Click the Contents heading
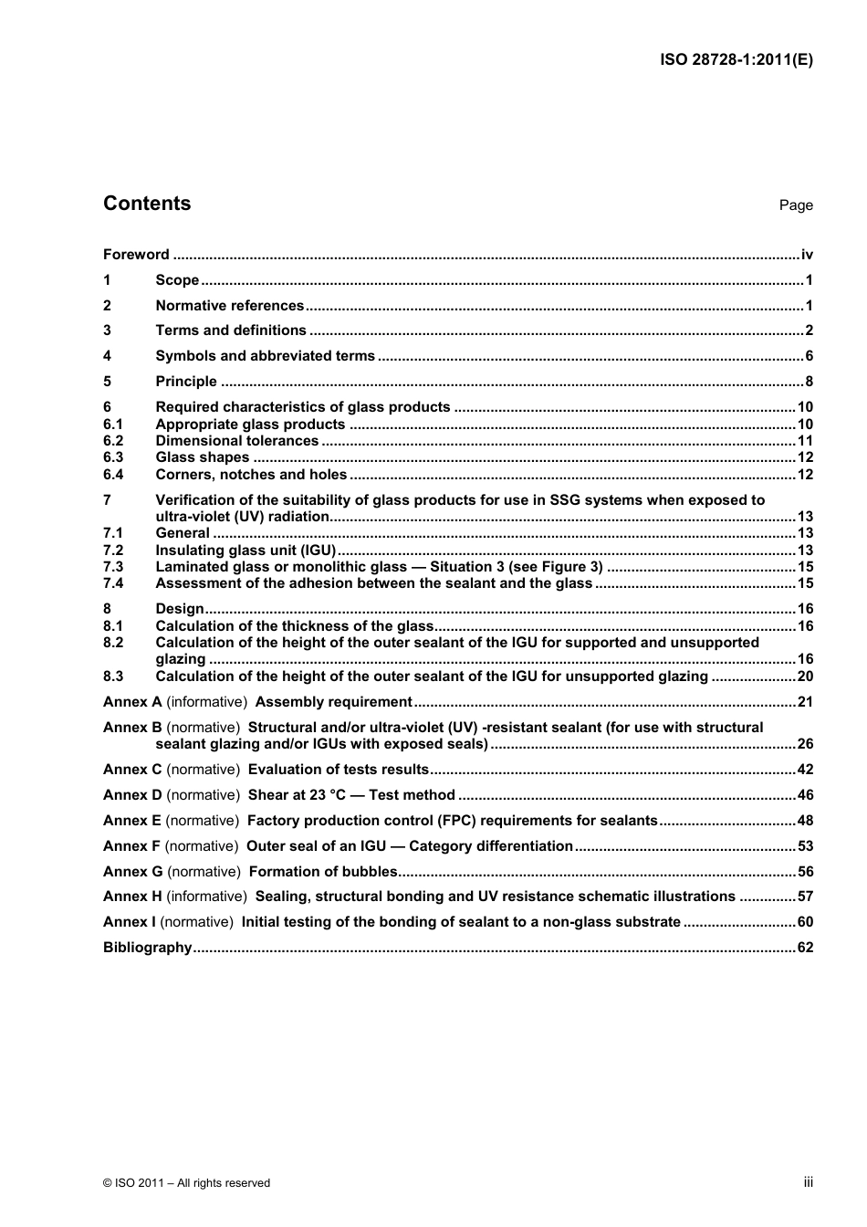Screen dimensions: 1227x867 pyautogui.click(x=147, y=204)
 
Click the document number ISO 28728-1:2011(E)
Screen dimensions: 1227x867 pyautogui.click(x=736, y=60)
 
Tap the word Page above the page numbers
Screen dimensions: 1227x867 pyautogui.click(x=795, y=205)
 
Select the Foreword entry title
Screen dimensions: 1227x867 pyautogui.click(x=136, y=255)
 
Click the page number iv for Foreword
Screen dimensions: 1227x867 pyautogui.click(x=806, y=255)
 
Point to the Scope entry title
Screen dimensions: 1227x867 pyautogui.click(x=177, y=280)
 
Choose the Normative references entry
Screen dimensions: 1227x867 pyautogui.click(x=229, y=306)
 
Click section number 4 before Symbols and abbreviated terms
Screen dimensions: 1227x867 pyautogui.click(x=107, y=356)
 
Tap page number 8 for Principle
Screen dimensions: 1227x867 pyautogui.click(x=808, y=382)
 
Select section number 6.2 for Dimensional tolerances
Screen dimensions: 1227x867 pyautogui.click(x=113, y=441)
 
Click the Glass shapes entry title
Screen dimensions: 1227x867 pyautogui.click(x=202, y=457)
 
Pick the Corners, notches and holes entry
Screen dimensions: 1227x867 pyautogui.click(x=251, y=475)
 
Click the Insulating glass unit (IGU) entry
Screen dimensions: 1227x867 pyautogui.click(x=245, y=551)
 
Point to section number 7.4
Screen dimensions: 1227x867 pyautogui.click(x=113, y=583)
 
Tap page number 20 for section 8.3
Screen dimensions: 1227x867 pyautogui.click(x=804, y=676)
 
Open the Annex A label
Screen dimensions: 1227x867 pyautogui.click(x=131, y=702)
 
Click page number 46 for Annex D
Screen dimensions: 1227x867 pyautogui.click(x=804, y=795)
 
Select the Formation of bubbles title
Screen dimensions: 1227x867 pyautogui.click(x=323, y=872)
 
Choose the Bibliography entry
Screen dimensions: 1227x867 pyautogui.click(x=147, y=948)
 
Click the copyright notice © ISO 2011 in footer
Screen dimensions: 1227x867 pyautogui.click(x=186, y=1183)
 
